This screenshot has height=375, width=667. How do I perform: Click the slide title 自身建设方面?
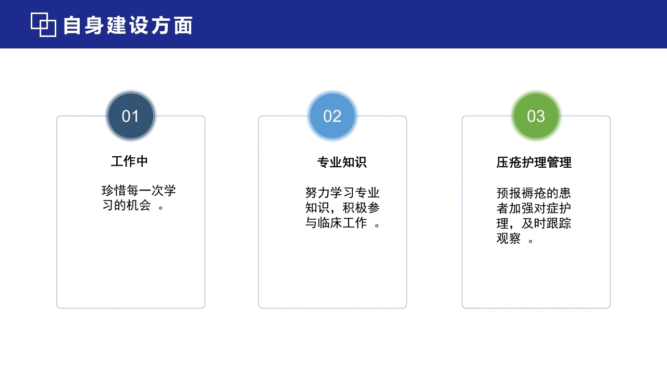point(128,26)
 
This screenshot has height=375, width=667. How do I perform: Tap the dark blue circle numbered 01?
point(131,116)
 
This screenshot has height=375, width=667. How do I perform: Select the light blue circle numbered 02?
point(332,116)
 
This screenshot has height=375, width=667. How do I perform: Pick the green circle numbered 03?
point(536,116)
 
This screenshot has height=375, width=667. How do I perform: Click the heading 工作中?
point(130,161)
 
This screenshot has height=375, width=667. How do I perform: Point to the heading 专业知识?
point(342,162)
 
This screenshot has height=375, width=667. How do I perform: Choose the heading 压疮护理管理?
point(534,162)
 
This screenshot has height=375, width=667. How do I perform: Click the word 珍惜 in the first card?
point(114,191)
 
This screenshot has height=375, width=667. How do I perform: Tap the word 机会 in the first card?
point(139,205)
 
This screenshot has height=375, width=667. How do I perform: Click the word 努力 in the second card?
point(317,193)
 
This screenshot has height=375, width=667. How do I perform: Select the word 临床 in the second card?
point(330,222)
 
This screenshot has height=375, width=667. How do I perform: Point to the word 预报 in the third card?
point(509,193)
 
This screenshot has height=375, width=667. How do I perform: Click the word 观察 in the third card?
point(509,238)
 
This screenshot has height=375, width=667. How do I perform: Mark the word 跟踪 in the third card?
point(559,223)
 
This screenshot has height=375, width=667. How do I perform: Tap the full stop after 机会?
point(161,207)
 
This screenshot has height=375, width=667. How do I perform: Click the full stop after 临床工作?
point(377,225)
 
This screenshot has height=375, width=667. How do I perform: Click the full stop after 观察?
point(530,241)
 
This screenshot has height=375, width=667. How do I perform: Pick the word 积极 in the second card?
point(355,208)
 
